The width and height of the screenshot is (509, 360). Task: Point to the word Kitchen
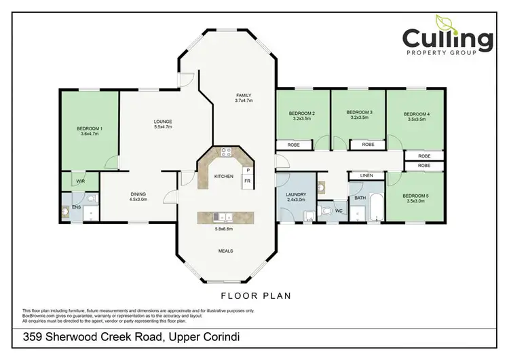point(224,176)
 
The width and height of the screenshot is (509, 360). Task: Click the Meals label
point(226,251)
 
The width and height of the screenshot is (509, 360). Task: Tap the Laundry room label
point(296,197)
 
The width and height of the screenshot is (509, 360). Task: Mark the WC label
point(338,211)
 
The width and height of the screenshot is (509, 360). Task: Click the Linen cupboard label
point(366,176)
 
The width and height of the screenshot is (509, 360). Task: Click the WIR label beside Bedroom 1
point(80,181)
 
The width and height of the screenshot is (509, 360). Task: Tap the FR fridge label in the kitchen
point(248,181)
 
